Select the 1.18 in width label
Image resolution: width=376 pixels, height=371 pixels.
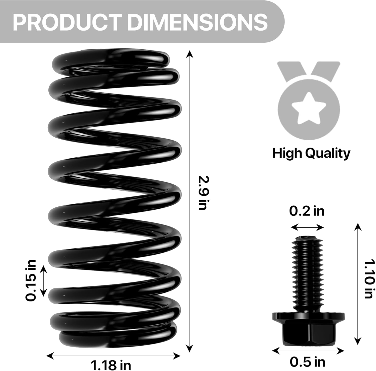(111, 365)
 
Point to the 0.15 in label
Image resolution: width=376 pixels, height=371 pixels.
(31, 280)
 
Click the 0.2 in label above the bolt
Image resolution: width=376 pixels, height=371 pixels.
(307, 211)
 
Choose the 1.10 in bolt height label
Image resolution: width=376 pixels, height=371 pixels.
(369, 279)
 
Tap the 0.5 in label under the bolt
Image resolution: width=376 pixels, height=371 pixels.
(307, 362)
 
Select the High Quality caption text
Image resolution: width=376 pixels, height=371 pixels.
(311, 153)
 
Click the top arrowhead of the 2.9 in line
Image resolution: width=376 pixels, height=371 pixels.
(190, 53)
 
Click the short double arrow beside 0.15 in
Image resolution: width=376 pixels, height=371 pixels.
(44, 280)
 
